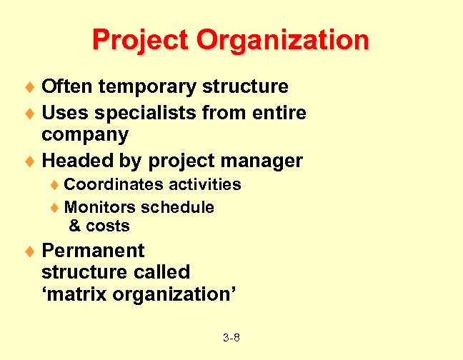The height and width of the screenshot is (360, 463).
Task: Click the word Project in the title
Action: coord(141,39)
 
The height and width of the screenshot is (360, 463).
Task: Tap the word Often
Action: coord(67,86)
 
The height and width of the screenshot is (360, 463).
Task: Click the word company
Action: coord(85,135)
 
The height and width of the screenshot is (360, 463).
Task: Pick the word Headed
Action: coord(74,161)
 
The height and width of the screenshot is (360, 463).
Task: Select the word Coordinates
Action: coord(114,184)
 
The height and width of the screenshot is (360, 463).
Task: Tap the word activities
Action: coord(205,184)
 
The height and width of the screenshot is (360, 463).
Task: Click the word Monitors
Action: coord(100,207)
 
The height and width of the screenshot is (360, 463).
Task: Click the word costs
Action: coord(108,226)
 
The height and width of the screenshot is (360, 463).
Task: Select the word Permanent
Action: coord(93,251)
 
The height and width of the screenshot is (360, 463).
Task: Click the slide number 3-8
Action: coord(231,336)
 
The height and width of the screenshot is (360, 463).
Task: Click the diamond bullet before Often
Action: coord(31,88)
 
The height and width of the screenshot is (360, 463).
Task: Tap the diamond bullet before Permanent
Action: coord(31,251)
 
